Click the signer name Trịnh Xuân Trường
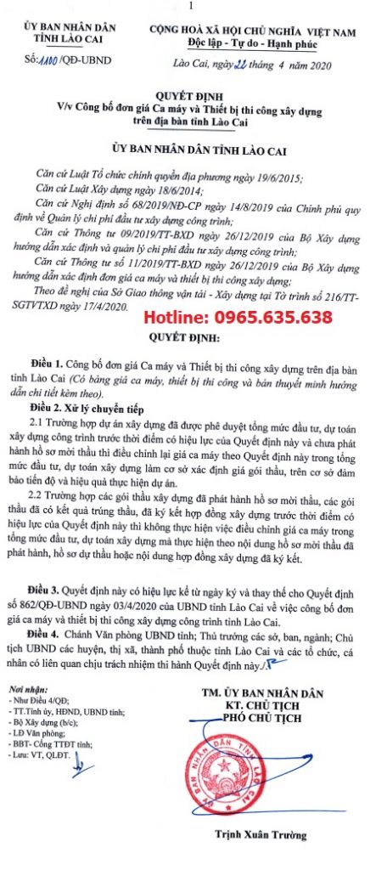click(274, 850)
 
